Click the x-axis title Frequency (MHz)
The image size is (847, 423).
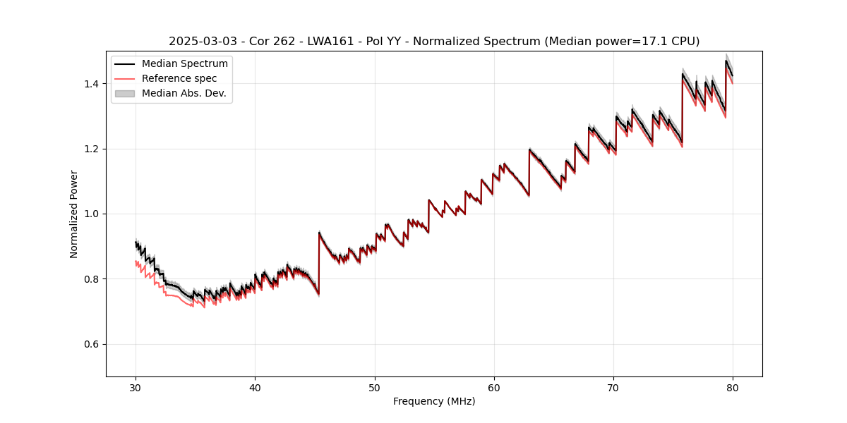[434, 401]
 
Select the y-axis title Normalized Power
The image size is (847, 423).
[74, 214]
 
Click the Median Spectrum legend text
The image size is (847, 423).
[185, 64]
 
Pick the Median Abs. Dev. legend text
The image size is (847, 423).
[184, 93]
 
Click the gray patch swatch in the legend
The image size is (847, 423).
[125, 93]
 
